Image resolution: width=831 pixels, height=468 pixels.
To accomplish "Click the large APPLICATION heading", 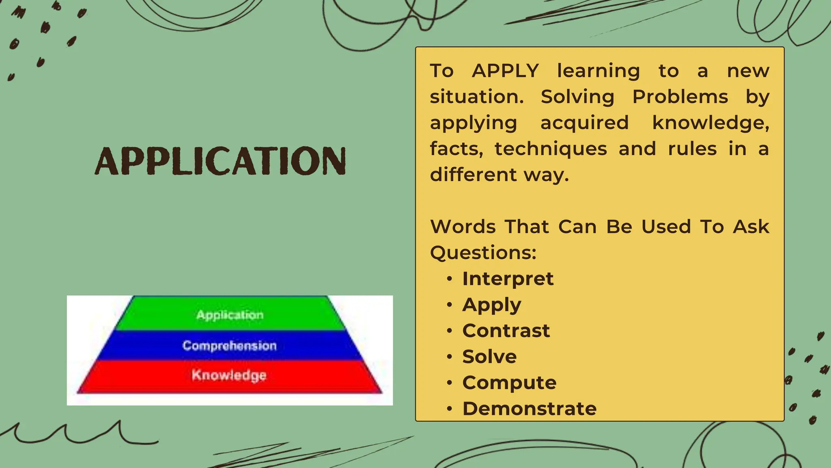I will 220,161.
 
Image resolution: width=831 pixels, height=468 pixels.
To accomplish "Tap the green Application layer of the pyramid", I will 230,315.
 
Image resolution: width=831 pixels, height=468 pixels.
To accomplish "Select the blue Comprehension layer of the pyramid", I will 230,346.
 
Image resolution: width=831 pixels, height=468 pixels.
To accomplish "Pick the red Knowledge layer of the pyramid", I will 229,375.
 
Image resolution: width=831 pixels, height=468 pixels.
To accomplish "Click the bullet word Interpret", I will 508,279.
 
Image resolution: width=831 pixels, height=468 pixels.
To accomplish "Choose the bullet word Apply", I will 491,305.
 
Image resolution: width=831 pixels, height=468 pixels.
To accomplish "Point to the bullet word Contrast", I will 506,331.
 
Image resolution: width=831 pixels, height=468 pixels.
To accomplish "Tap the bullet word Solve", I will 489,357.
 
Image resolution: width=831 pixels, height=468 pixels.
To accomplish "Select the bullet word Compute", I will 509,383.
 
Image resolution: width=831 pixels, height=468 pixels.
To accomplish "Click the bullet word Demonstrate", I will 530,409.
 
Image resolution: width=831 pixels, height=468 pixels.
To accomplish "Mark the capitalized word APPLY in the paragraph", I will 506,71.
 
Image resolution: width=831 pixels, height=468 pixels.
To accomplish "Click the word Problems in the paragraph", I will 680,97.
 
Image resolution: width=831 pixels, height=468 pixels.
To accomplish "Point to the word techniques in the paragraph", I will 551,149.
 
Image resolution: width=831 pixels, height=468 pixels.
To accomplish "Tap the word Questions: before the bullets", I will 483,253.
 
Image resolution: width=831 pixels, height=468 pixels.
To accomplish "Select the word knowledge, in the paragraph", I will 710,123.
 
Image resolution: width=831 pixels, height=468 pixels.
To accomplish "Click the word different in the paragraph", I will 473,175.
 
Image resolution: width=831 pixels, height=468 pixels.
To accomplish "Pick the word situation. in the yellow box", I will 477,97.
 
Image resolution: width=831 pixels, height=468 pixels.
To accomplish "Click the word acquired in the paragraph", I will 584,123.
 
